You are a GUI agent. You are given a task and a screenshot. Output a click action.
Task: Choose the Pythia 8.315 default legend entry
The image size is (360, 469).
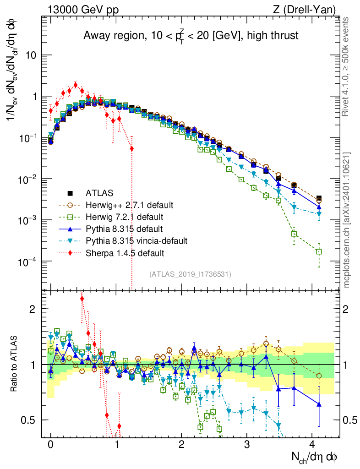pyautogui.click(x=119, y=228)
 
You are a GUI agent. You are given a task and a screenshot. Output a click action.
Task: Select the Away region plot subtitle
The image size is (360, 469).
pyautogui.click(x=191, y=36)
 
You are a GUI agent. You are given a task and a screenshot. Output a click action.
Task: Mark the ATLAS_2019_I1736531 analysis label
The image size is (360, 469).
pyautogui.click(x=190, y=274)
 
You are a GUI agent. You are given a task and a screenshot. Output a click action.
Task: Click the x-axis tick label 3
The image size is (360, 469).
pyautogui.click(x=247, y=445)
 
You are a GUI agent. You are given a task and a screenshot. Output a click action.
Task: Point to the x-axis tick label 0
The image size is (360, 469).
pyautogui.click(x=50, y=445)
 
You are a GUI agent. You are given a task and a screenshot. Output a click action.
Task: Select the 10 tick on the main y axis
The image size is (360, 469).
pyautogui.click(x=34, y=55)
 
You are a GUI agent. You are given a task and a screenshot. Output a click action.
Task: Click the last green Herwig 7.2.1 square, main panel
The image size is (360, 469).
pyautogui.click(x=319, y=251)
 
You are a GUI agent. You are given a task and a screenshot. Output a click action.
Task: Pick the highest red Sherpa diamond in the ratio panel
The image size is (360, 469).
pyautogui.click(x=82, y=299)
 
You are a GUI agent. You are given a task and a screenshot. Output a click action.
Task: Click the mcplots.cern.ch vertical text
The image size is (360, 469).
pyautogui.click(x=347, y=220)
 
